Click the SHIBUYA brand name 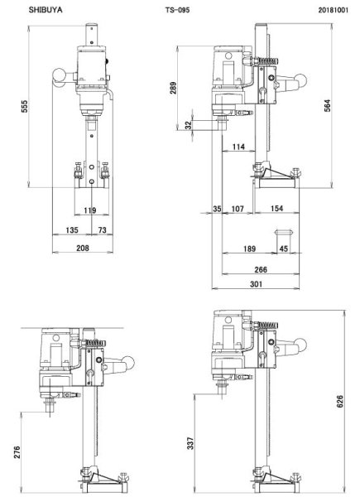pyautogui.click(x=46, y=10)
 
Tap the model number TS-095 pyautogui.click(x=177, y=10)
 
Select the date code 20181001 pyautogui.click(x=334, y=10)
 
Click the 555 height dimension pyautogui.click(x=25, y=107)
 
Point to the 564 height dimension pyautogui.click(x=328, y=105)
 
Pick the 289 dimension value pyautogui.click(x=173, y=88)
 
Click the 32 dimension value pyautogui.click(x=189, y=125)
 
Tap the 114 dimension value pyautogui.click(x=238, y=147)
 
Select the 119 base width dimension pyautogui.click(x=90, y=210)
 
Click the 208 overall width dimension pyautogui.click(x=83, y=248)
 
